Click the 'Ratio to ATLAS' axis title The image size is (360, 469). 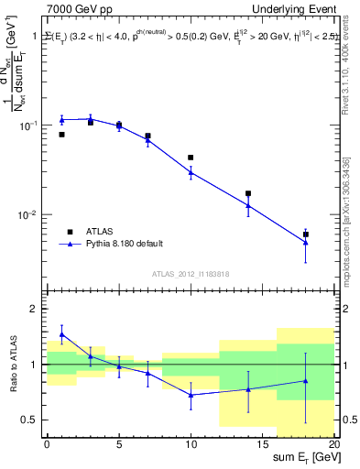(x=12, y=364)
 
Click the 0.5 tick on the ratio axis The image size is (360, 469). (x=31, y=420)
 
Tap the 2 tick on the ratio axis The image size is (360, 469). (x=35, y=310)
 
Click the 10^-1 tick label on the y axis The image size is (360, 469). (x=29, y=125)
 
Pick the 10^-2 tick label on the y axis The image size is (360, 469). (x=29, y=215)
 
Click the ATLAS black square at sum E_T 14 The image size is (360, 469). (x=248, y=194)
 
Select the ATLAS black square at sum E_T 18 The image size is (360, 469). (x=306, y=234)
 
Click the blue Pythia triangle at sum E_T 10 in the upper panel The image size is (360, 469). (x=191, y=171)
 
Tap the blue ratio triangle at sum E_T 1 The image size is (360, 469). (x=61, y=334)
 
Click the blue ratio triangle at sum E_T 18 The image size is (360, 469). (x=306, y=380)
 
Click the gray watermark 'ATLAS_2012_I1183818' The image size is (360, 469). (x=190, y=274)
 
